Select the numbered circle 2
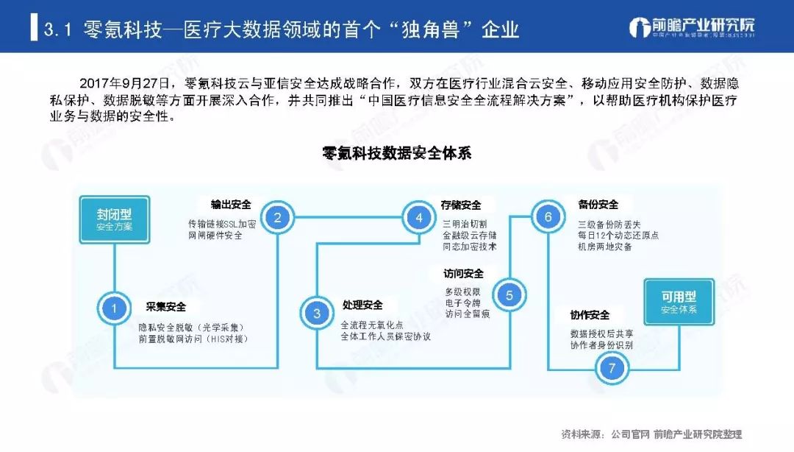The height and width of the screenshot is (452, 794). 278,217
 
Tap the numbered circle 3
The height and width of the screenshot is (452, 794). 317,313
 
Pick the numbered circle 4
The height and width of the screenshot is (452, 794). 419,217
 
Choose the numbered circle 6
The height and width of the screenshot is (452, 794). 548,217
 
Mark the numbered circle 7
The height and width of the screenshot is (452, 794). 611,368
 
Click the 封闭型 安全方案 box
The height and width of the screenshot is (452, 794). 114,219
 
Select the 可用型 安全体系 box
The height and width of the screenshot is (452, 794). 678,303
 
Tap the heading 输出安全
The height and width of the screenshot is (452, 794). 231,204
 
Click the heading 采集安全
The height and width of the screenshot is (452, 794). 166,307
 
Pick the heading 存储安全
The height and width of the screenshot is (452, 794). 461,205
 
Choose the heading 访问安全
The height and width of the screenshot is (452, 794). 463,274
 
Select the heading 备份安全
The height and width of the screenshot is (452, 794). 598,204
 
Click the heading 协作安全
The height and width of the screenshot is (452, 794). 590,315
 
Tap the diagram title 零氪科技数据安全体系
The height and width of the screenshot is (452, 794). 396,154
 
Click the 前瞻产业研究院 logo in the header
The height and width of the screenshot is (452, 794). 692,28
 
